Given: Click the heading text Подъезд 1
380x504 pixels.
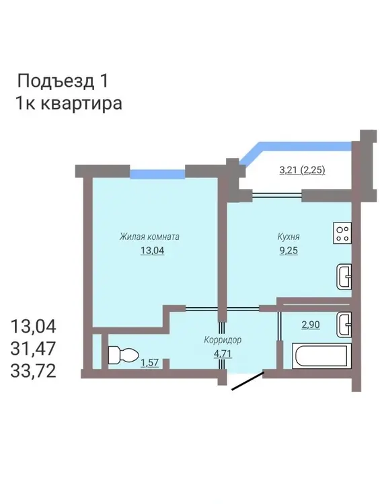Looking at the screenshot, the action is click(x=63, y=81).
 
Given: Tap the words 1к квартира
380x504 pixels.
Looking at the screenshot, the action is click(x=69, y=103).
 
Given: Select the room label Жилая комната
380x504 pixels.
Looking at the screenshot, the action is click(x=149, y=237).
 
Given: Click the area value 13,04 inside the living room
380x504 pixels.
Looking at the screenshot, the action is click(x=152, y=251).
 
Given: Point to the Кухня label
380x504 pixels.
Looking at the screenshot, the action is click(x=289, y=237).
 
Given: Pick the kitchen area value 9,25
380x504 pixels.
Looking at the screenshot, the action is click(x=289, y=251).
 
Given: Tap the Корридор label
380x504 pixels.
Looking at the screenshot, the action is click(x=223, y=340).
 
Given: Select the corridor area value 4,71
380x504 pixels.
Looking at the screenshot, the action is click(x=223, y=353).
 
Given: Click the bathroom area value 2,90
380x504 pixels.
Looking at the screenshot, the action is click(x=311, y=325).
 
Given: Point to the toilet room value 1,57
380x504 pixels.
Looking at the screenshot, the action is click(x=149, y=363).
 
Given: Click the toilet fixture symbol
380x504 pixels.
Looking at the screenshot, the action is click(x=123, y=355).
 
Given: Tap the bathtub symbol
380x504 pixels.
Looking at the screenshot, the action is click(x=321, y=355).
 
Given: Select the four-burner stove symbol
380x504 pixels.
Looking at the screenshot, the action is click(x=342, y=233).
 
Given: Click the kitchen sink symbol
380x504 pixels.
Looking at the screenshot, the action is click(x=344, y=276).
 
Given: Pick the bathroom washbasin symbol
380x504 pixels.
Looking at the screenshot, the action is click(x=344, y=325).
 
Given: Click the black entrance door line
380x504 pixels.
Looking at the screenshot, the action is click(x=248, y=381).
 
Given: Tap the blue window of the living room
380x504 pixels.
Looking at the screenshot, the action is click(x=157, y=174).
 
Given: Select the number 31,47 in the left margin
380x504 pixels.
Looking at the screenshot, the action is click(x=33, y=348).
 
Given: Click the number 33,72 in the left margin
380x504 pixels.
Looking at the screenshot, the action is click(x=33, y=371).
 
